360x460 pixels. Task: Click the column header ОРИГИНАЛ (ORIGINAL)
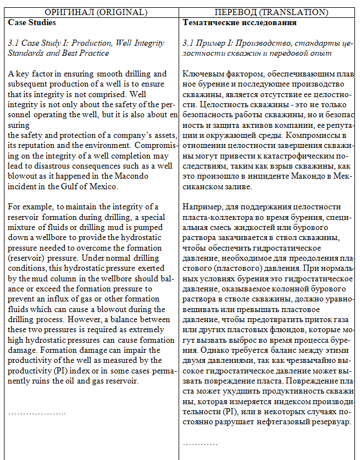coord(92,12)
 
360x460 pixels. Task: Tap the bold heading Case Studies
coord(32,23)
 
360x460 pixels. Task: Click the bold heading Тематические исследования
coord(239,23)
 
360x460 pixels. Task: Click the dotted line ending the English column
coord(37,413)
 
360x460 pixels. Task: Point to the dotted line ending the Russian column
coord(200,443)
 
